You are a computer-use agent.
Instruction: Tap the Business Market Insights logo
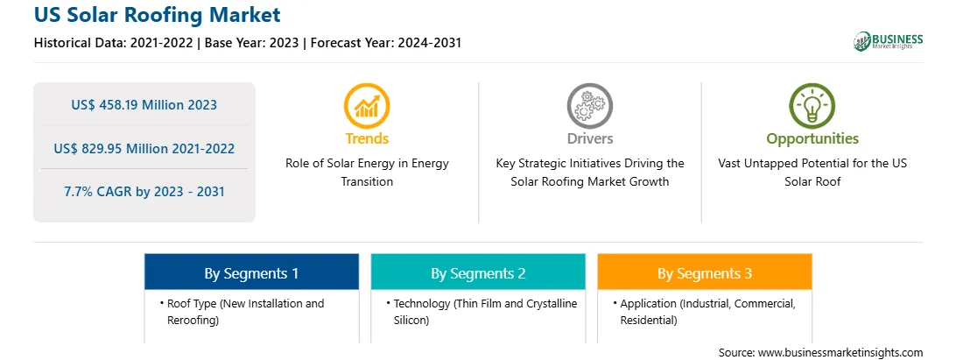(x=889, y=41)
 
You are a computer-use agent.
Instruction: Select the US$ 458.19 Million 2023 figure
(x=144, y=105)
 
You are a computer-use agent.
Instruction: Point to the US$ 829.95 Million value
(x=125, y=148)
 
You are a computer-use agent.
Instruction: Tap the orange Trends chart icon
(x=367, y=105)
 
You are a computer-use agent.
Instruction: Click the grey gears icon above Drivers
(x=589, y=105)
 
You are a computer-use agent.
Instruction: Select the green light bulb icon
(x=812, y=105)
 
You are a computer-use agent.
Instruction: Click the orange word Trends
(x=367, y=138)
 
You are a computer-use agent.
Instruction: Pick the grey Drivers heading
(x=589, y=138)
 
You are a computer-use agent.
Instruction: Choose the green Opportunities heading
(x=812, y=139)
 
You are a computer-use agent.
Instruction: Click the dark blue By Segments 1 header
(x=252, y=272)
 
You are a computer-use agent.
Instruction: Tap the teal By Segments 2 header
(x=478, y=272)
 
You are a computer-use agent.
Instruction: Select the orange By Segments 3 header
(x=705, y=272)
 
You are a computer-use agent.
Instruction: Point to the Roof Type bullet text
(x=245, y=312)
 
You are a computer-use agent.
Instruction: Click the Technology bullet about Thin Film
(x=482, y=312)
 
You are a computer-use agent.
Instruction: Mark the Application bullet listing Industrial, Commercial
(x=707, y=312)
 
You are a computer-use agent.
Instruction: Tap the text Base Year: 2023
(x=252, y=43)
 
